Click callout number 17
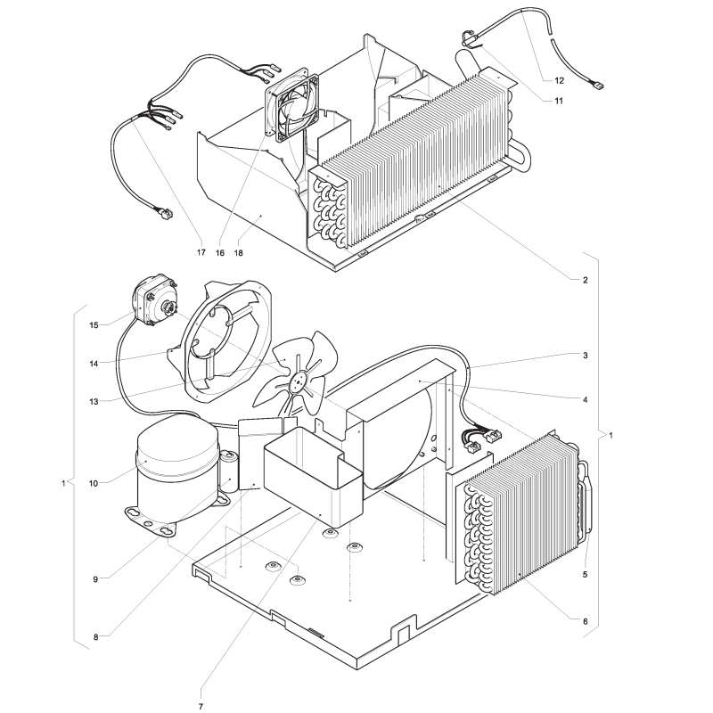click(201, 252)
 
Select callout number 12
click(559, 80)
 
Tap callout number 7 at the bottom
click(201, 706)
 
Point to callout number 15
click(94, 325)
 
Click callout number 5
click(586, 574)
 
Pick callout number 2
click(586, 280)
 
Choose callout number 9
click(95, 579)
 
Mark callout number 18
click(238, 252)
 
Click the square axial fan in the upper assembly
click(292, 102)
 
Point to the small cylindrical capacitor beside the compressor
click(229, 471)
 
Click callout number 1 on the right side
click(611, 435)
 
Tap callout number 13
click(94, 402)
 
